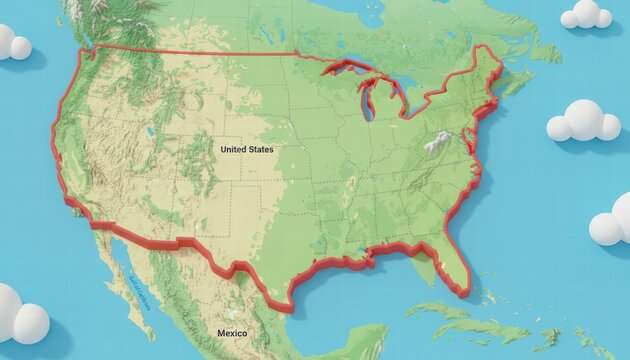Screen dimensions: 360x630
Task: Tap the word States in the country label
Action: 260,149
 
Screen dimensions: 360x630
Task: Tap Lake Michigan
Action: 367,99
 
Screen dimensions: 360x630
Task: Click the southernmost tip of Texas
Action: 290,310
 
